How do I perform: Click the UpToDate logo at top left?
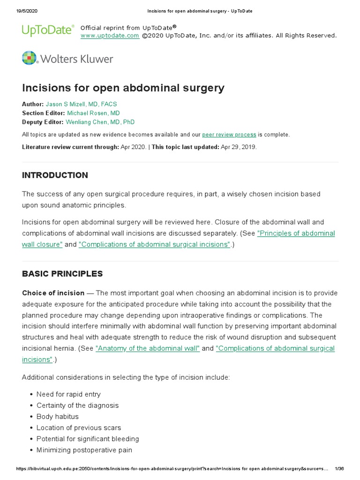point(48,31)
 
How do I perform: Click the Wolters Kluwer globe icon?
point(29,58)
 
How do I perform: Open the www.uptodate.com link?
point(110,36)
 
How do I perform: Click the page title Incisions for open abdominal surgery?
point(123,88)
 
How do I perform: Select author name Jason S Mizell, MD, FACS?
point(81,104)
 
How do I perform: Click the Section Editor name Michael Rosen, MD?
point(93,113)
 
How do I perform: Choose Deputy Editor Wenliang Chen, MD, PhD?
point(100,122)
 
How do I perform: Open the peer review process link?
point(229,135)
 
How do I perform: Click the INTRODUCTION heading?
point(55,175)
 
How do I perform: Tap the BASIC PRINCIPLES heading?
point(62,274)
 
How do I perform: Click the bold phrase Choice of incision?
point(53,293)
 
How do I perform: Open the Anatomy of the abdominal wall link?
point(148,348)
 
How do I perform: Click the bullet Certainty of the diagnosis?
point(77,405)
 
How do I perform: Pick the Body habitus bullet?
point(58,417)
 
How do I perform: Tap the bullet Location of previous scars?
point(79,428)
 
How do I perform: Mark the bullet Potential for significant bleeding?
point(88,439)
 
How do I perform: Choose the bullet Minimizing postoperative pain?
point(84,450)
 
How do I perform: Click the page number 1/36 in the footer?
point(340,469)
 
